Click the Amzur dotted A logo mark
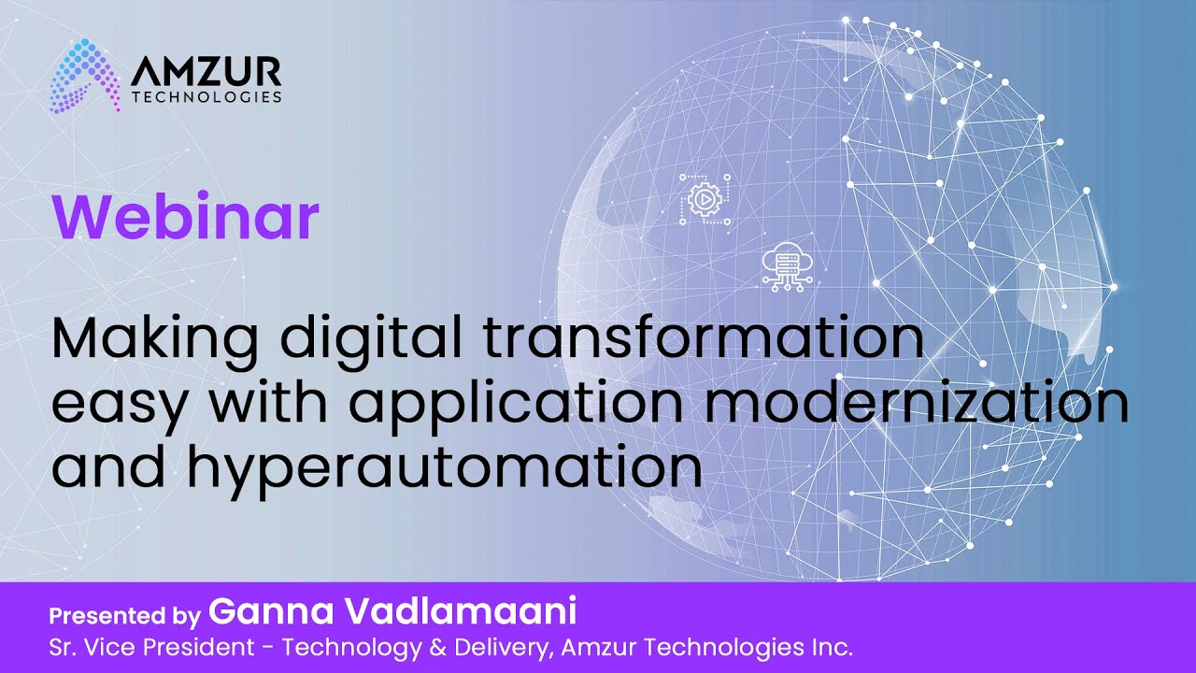(85, 76)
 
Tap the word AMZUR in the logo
(206, 71)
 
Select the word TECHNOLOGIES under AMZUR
(206, 96)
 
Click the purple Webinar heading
(185, 217)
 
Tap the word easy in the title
(119, 404)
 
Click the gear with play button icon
(703, 197)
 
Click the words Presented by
(124, 616)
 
